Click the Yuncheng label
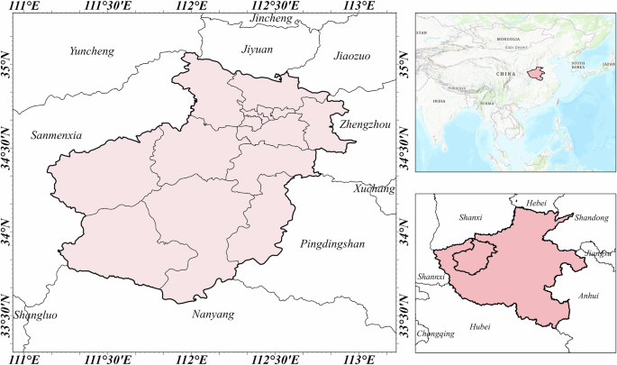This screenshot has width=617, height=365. click(92, 51)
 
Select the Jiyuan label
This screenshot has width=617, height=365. click(257, 50)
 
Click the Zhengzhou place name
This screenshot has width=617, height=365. click(365, 125)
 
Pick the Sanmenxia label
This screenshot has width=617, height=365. click(57, 135)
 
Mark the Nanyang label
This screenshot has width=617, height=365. click(213, 315)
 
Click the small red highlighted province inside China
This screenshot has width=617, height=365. click(537, 73)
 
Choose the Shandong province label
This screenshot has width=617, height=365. click(591, 218)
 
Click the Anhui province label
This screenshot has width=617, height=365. click(586, 294)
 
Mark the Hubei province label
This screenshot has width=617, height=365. click(478, 328)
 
